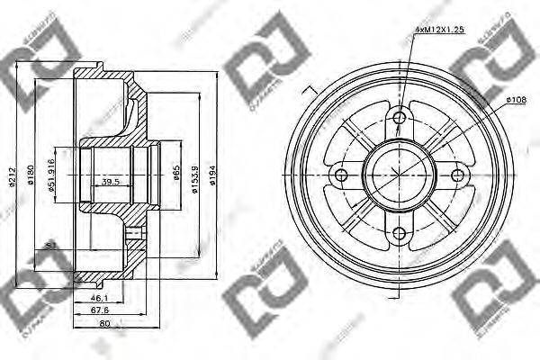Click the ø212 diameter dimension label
pos(13,181)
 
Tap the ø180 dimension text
pos(30,181)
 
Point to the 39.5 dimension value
pos(110,182)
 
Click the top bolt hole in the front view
pos(400,118)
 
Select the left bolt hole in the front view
pos(341,175)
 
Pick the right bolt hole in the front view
pos(456,174)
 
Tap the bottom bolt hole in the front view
pos(399,233)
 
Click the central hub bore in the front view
pos(399,175)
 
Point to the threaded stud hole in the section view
pos(135,236)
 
